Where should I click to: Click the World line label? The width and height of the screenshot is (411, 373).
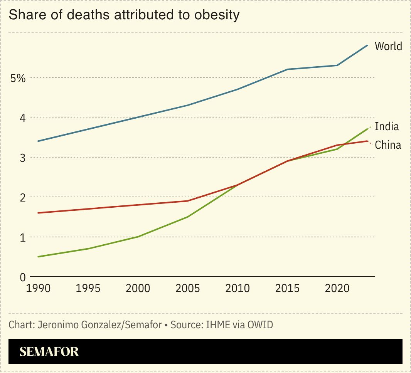[388, 46]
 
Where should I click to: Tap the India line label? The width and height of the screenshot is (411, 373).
[387, 126]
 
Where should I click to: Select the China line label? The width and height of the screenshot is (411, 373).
[388, 145]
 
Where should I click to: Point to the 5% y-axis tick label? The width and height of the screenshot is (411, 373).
[18, 79]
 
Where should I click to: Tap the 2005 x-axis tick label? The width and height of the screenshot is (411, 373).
[187, 288]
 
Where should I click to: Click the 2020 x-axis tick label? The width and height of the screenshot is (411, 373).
[337, 288]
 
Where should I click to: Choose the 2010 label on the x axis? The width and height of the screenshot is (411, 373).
[237, 288]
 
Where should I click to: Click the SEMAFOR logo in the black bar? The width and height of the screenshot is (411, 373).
[49, 351]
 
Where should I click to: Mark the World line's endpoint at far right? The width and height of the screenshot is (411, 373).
[367, 45]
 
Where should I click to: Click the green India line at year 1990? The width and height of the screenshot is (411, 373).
[38, 257]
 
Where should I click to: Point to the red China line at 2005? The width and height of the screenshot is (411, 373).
[187, 201]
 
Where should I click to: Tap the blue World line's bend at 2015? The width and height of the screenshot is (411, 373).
[287, 69]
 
